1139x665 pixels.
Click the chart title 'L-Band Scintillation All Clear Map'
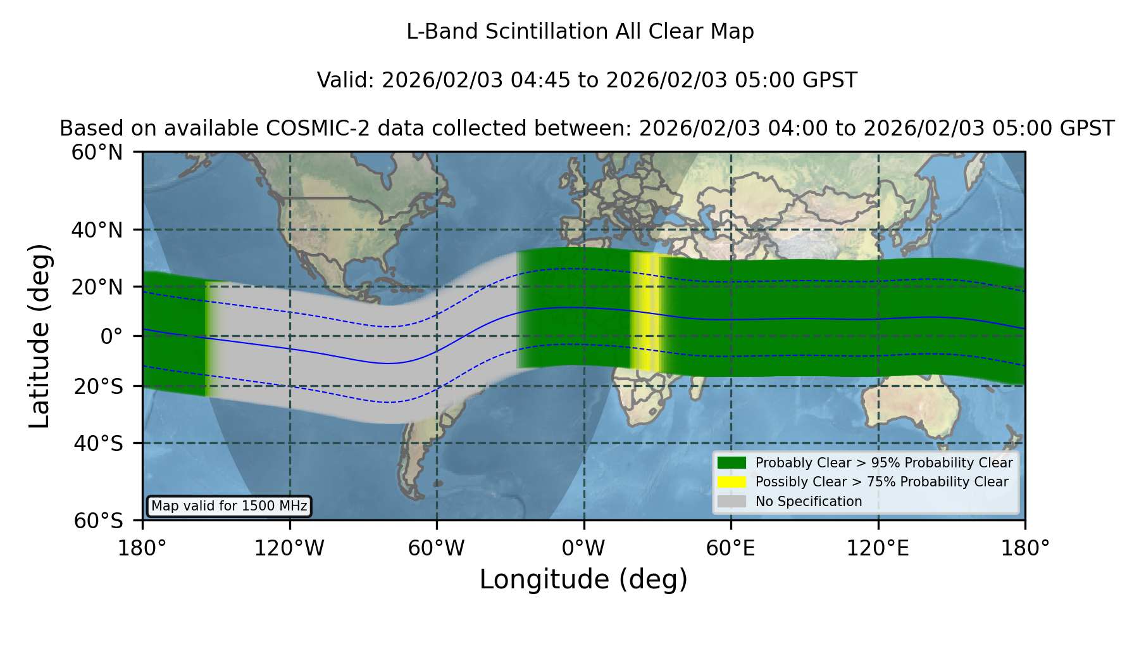tap(580, 32)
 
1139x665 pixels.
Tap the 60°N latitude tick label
tap(97, 152)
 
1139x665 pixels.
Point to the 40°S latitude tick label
tap(98, 443)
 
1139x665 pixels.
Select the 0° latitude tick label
tap(111, 336)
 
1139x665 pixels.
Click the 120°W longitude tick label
tap(289, 548)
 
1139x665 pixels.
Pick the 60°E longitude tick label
tap(731, 548)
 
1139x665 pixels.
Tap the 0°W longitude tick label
tap(583, 548)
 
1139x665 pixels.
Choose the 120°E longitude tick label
tap(878, 548)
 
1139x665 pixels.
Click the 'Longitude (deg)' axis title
tap(583, 579)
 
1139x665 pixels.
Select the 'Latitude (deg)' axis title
tap(39, 336)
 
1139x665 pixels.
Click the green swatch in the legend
tap(731, 462)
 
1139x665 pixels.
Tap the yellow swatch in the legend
tap(731, 482)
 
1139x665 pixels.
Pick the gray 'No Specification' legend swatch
tap(731, 502)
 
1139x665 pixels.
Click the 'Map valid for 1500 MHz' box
tap(229, 506)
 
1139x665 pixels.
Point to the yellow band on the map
tap(645, 312)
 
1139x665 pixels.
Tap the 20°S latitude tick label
tap(98, 386)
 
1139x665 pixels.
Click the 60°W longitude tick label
tap(436, 548)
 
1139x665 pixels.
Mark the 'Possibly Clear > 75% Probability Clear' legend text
tap(881, 482)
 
